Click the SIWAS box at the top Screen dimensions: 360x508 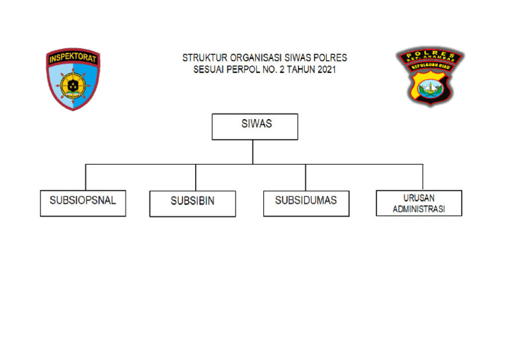[x=255, y=126]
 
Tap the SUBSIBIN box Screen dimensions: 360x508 [x=192, y=203]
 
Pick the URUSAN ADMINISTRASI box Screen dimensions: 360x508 [x=419, y=202]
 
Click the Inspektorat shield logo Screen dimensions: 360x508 [x=73, y=79]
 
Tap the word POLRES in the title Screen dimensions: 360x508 [x=331, y=58]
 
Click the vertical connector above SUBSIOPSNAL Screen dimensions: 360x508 [x=85, y=177]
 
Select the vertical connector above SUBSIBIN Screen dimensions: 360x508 [x=195, y=177]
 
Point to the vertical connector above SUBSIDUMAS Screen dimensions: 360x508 [x=306, y=177]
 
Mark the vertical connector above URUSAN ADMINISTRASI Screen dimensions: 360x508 [x=423, y=177]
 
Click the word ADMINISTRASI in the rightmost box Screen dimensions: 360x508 [x=419, y=208]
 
